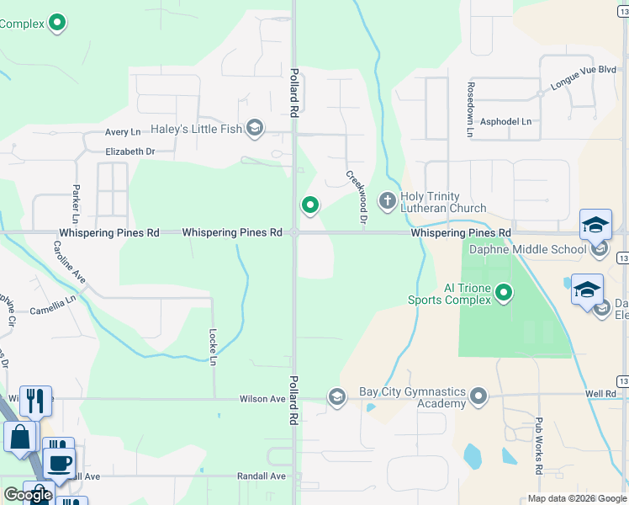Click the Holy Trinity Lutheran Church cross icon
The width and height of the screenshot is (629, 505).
[387, 200]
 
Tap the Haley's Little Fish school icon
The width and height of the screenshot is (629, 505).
[255, 129]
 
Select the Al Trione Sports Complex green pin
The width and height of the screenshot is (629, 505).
[504, 292]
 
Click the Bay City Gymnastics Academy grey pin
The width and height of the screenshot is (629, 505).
[478, 396]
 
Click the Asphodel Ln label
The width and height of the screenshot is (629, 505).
[505, 121]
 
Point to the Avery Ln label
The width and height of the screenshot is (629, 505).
[123, 132]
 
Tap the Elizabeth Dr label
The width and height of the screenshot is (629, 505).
[130, 151]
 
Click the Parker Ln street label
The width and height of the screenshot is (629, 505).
[77, 199]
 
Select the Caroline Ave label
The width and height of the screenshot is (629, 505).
[70, 262]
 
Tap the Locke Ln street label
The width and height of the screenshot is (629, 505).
[214, 347]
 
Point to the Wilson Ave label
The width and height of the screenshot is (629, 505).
[262, 399]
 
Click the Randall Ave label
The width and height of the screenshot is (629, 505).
[262, 476]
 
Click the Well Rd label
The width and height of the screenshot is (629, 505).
[601, 393]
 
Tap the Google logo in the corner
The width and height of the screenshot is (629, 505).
[28, 495]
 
